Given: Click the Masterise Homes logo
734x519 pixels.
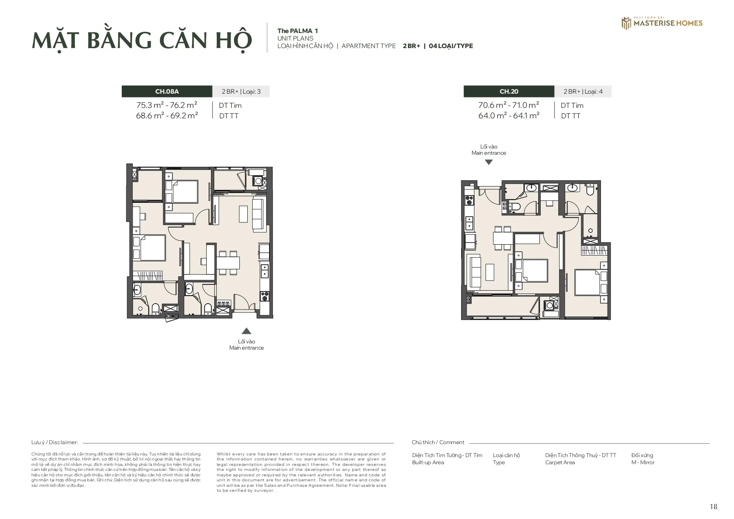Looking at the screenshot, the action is point(662,23).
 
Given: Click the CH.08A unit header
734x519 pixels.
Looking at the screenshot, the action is point(167,91).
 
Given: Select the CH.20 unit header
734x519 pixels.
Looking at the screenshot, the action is point(509,91).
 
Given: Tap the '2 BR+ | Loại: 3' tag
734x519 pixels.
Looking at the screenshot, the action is point(241,91).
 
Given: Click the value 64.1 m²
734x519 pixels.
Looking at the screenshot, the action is point(526,115).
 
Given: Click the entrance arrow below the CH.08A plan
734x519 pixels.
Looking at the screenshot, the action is point(246,331).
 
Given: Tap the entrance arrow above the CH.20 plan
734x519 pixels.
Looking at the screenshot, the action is point(488,162).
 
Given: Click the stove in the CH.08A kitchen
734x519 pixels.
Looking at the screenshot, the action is point(264,296).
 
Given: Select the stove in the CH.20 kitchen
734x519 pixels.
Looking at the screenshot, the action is point(470,199).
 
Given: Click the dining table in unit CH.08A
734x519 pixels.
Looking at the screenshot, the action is point(228,263).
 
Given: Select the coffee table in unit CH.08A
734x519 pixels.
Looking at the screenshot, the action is point(244,214).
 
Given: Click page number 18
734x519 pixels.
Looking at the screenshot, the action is point(713,506).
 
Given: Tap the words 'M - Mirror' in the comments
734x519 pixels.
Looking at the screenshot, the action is point(643,462).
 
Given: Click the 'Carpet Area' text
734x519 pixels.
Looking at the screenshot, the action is point(560,462).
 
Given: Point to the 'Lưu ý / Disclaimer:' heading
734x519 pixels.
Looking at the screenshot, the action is point(55,442).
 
